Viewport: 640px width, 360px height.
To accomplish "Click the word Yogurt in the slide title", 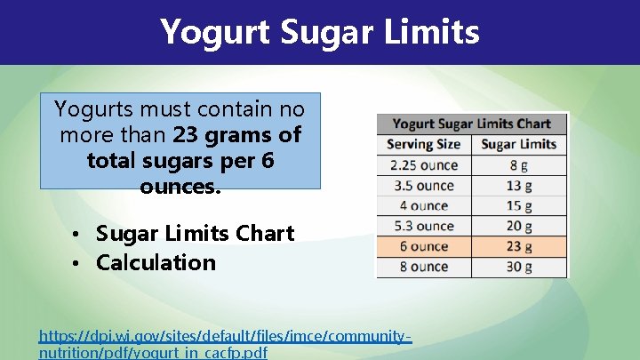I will (215, 33).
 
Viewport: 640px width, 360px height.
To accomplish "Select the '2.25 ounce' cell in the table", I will (424, 165).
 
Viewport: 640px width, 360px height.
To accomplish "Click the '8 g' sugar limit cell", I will (519, 165).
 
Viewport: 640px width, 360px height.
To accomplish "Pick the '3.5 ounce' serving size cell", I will (424, 186).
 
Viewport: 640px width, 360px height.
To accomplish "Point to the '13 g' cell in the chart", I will (519, 186).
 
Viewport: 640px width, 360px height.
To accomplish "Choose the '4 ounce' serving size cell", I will (424, 206).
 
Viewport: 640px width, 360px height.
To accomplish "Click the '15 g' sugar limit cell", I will (519, 206).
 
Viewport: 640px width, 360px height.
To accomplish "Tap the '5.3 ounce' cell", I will (424, 226).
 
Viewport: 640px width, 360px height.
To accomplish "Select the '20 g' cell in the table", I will (519, 226).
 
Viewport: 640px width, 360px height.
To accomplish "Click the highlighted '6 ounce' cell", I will (424, 246).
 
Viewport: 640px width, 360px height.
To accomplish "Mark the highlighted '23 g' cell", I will (519, 246).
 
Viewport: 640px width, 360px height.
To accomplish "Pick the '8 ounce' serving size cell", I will (424, 267).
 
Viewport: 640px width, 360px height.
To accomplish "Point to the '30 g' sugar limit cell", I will (519, 267).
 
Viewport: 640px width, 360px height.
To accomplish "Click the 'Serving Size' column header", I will (424, 144).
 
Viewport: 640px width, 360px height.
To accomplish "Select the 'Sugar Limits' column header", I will (519, 144).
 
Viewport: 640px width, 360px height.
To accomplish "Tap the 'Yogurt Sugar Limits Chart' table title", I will (472, 124).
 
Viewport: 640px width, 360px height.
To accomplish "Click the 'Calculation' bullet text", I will (156, 262).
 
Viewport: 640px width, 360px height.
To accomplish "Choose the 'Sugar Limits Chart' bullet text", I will (195, 234).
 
